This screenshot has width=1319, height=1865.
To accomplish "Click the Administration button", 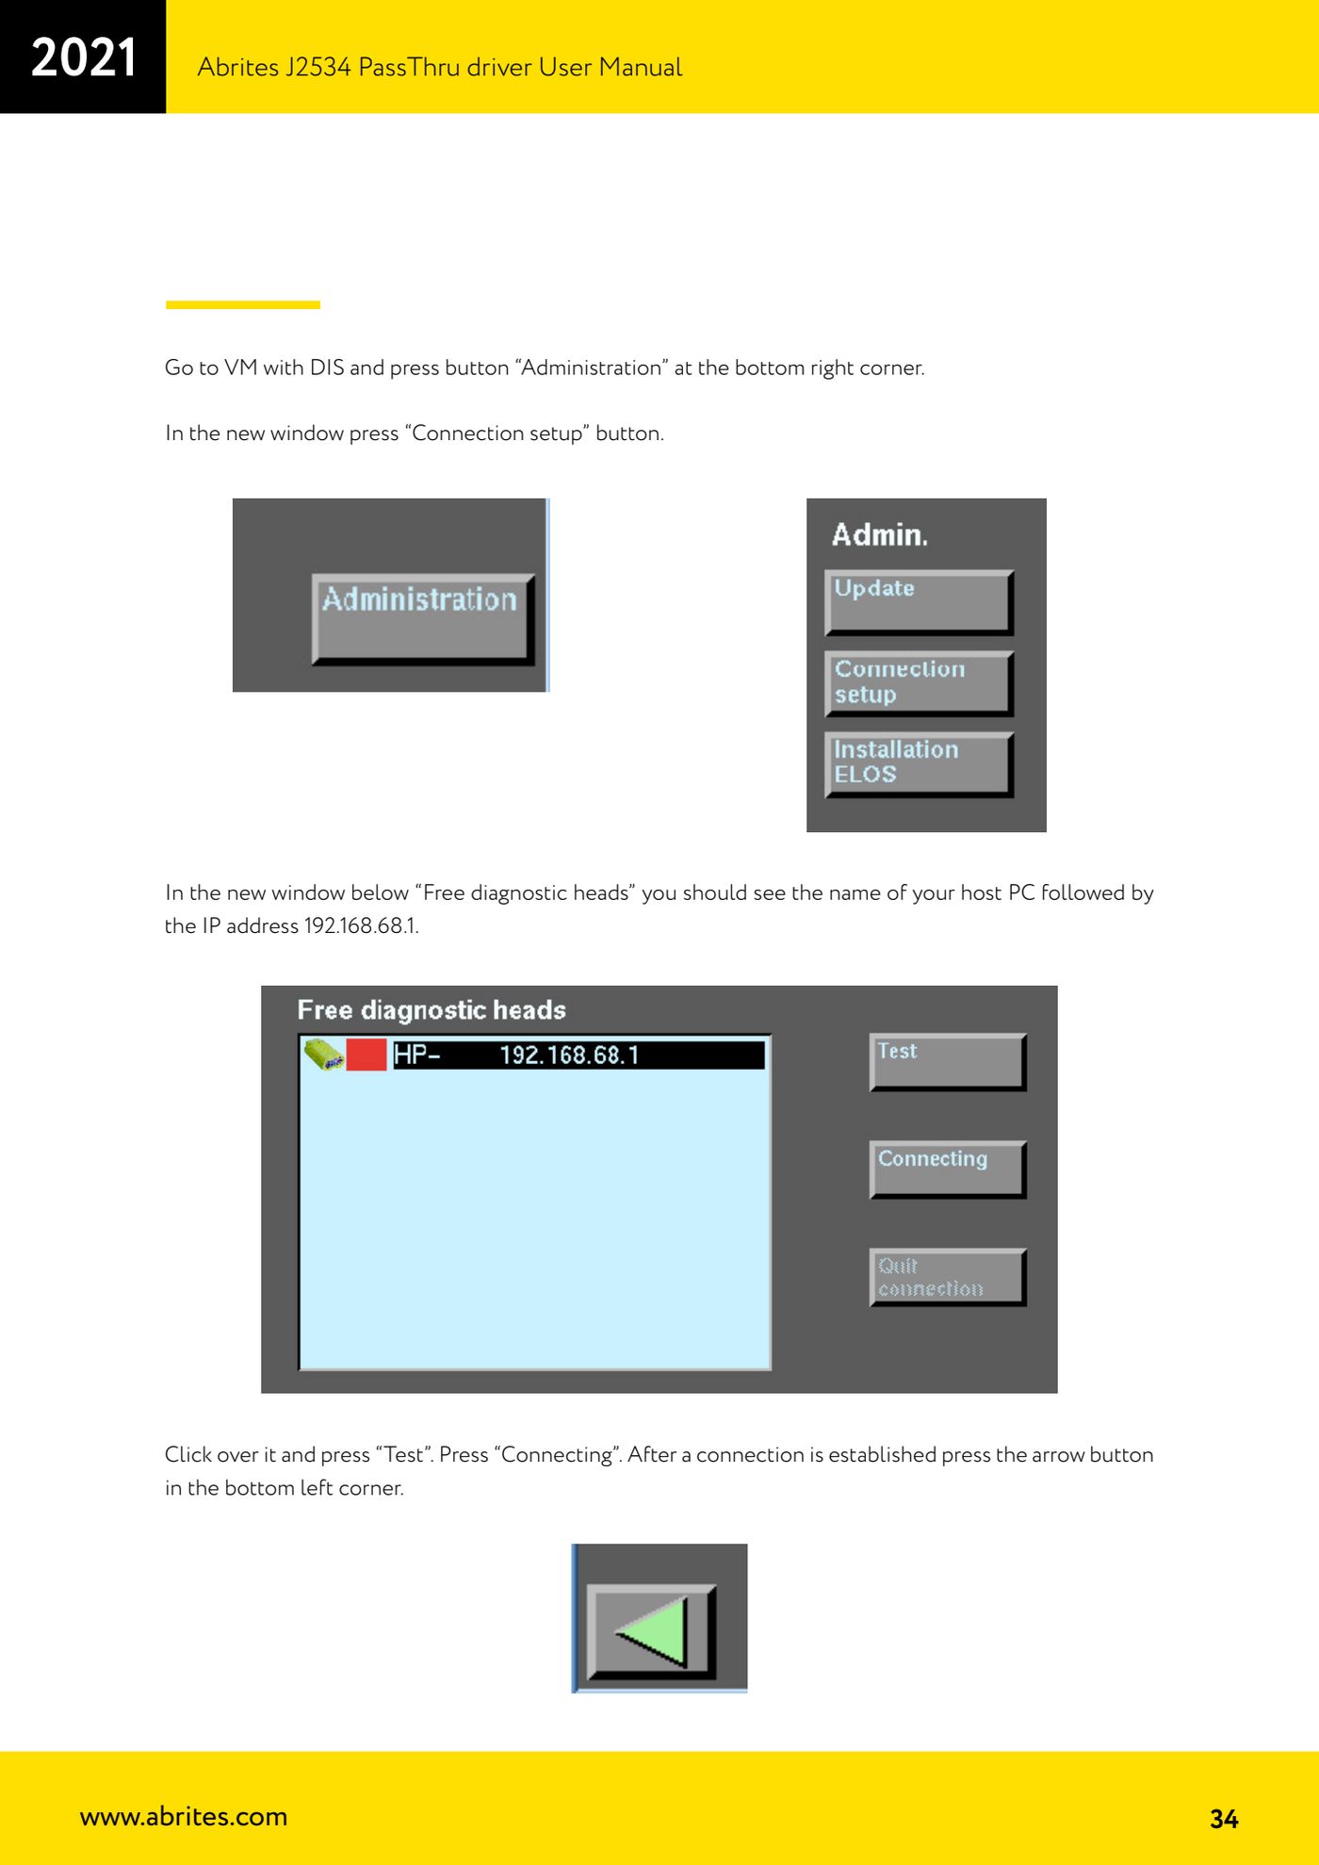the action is click(x=423, y=618).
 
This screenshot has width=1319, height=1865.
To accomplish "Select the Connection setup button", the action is click(x=919, y=683).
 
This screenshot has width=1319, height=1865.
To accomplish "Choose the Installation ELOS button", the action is click(x=919, y=764).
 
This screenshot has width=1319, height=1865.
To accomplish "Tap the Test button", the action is click(x=947, y=1062).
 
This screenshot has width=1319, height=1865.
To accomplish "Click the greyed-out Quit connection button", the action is click(x=947, y=1277).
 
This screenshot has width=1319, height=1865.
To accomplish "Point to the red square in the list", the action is click(x=366, y=1055).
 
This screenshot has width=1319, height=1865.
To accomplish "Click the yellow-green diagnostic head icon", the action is click(x=323, y=1055).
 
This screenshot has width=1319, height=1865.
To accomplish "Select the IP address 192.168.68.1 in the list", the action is click(x=569, y=1055).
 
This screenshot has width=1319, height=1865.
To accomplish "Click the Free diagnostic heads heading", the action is click(x=432, y=1010).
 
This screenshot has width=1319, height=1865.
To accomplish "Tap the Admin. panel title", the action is click(x=880, y=535).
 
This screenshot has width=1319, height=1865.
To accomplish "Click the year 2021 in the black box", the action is click(x=84, y=57).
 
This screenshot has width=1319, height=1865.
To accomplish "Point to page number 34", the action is click(x=1224, y=1819).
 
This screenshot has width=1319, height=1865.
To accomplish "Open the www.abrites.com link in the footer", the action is click(x=184, y=1816).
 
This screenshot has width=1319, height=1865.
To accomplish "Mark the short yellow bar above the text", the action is click(x=243, y=304).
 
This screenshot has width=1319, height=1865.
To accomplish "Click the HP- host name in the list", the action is click(x=416, y=1055).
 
